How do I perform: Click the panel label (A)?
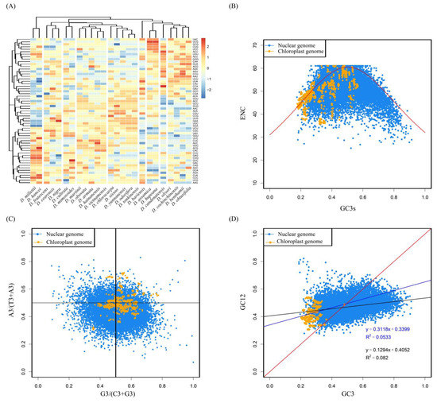[10, 9]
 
